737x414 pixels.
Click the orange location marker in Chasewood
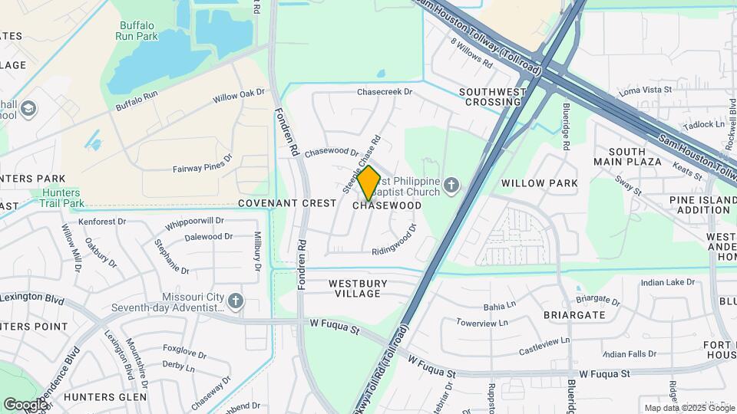click(368, 182)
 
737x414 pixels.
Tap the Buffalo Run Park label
click(137, 30)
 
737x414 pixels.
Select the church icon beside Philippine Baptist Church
click(451, 185)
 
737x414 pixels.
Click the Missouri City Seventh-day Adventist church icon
click(236, 301)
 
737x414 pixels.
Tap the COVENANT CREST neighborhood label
click(287, 203)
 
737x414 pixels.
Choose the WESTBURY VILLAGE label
click(358, 288)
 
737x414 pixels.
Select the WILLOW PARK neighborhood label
click(539, 183)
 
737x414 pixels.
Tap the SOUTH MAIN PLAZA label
click(627, 156)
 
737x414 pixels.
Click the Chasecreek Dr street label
click(385, 92)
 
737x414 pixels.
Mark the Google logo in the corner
click(25, 404)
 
